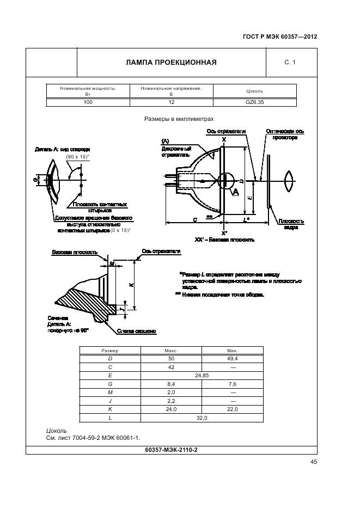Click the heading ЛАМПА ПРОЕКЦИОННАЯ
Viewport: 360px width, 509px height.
point(171,62)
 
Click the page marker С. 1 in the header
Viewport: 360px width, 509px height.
point(290,63)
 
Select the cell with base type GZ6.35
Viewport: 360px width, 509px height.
point(254,102)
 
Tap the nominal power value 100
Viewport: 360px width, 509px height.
point(88,102)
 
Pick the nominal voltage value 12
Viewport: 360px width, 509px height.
point(171,102)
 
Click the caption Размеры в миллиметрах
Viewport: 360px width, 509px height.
point(179,118)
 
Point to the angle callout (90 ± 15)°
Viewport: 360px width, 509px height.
point(77,157)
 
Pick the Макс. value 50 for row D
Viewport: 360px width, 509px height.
point(171,359)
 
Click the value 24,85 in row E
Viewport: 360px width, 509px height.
point(201,376)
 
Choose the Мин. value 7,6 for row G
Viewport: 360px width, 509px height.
point(233,384)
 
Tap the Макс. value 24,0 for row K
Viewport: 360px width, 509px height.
point(171,409)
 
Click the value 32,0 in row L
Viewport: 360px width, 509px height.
point(201,418)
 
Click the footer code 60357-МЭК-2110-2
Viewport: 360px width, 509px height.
point(171,450)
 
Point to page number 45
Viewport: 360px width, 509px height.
point(314,462)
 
